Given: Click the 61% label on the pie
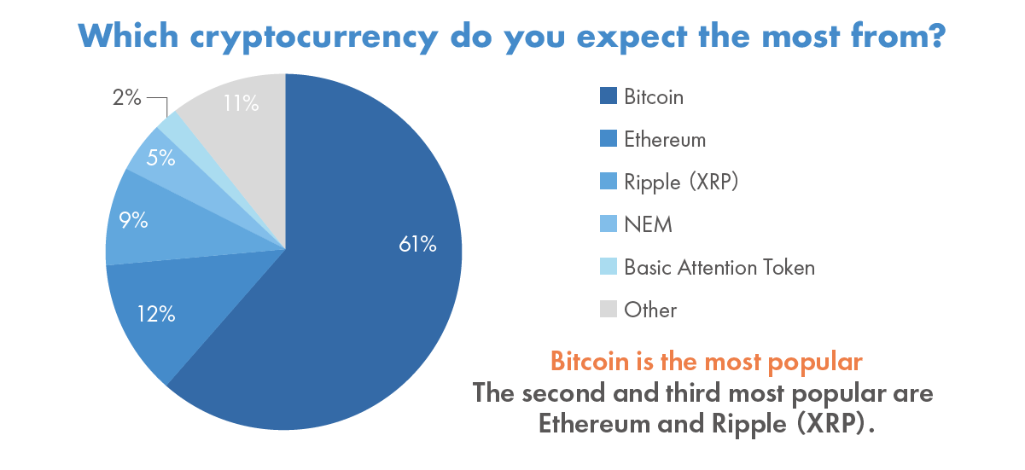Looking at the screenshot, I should click(417, 245).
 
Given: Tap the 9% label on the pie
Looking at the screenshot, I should click(133, 220).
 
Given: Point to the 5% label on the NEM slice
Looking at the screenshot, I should click(160, 158).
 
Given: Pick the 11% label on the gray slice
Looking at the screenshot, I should click(241, 104).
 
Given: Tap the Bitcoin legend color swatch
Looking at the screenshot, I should click(608, 96).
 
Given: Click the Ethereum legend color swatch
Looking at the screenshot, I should click(608, 139).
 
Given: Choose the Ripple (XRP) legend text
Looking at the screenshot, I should click(680, 182).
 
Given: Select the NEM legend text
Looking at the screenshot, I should click(648, 224).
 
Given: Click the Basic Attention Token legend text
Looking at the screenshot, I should click(719, 267).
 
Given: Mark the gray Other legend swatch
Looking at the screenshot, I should click(608, 310).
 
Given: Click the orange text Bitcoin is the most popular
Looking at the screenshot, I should click(706, 361).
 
